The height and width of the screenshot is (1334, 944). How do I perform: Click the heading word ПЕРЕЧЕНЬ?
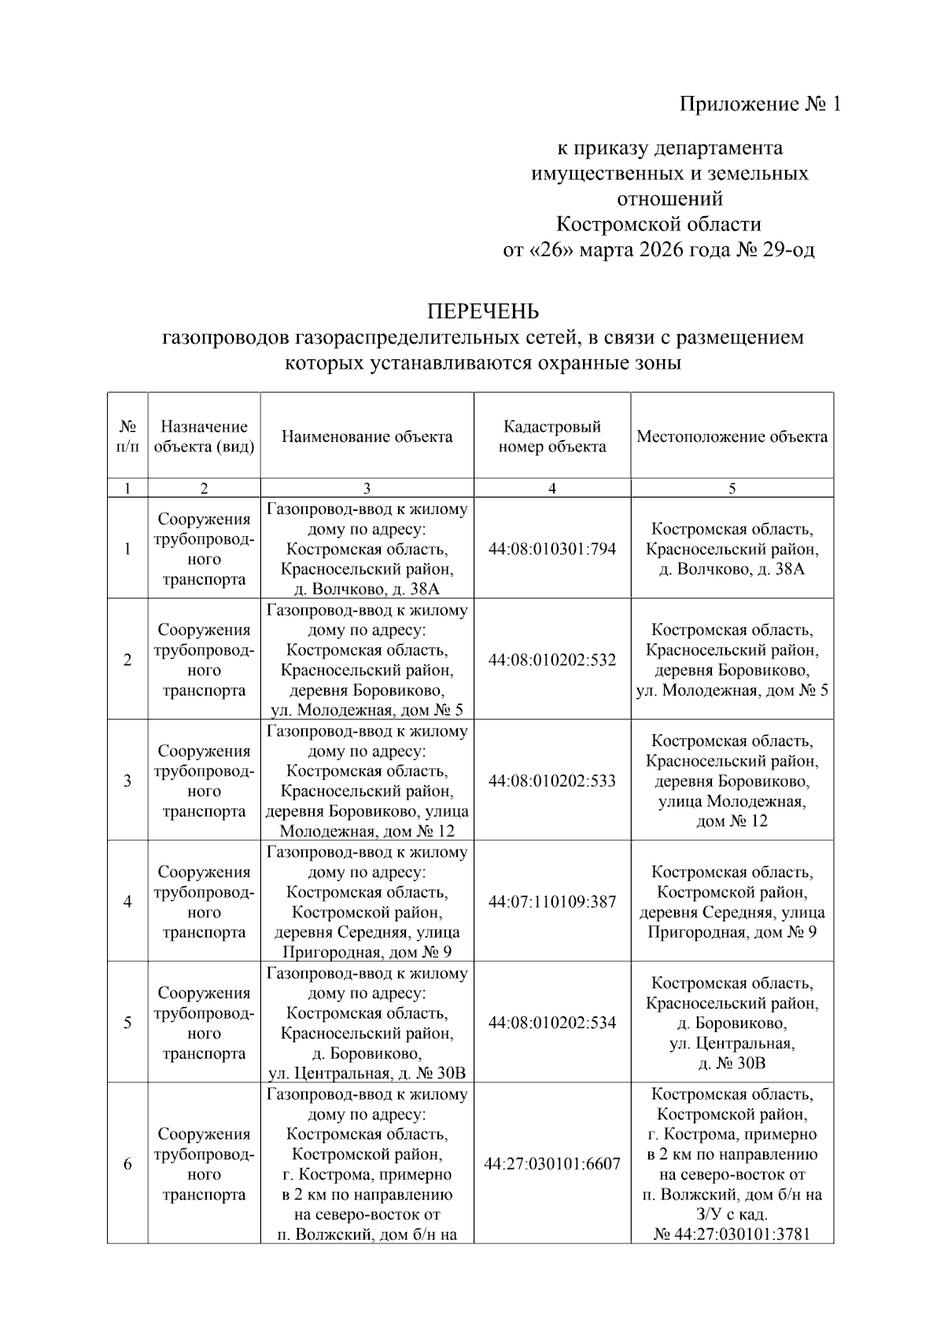click(x=483, y=312)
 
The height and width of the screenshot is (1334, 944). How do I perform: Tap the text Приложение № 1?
click(x=760, y=104)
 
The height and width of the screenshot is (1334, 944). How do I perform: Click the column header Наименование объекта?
click(x=367, y=436)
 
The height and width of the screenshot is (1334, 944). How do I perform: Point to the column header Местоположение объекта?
click(x=732, y=436)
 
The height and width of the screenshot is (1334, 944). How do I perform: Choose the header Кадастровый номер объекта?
click(x=552, y=436)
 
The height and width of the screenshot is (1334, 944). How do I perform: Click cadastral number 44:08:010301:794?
click(x=552, y=549)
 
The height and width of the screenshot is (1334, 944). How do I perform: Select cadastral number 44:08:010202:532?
click(x=552, y=660)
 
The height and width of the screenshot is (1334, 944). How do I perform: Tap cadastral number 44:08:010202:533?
click(x=552, y=781)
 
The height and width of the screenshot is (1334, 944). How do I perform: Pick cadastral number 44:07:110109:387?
click(x=552, y=902)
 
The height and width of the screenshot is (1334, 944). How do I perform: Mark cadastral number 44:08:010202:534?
click(x=552, y=1023)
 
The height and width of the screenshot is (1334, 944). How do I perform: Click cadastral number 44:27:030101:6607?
click(x=552, y=1163)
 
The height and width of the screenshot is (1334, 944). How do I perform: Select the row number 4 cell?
click(x=127, y=902)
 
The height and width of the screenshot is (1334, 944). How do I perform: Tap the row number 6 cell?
click(x=127, y=1163)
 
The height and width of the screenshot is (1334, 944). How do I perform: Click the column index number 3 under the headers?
click(x=367, y=488)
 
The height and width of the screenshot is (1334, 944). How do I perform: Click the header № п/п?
click(x=127, y=436)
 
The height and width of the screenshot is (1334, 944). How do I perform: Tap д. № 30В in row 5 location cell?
click(x=732, y=1064)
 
